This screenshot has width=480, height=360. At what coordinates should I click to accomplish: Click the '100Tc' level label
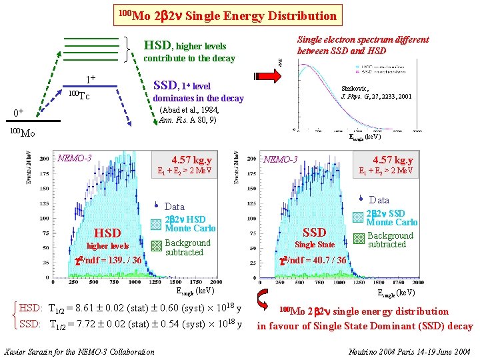79,95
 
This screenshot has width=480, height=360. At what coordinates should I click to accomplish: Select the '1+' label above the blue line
90,79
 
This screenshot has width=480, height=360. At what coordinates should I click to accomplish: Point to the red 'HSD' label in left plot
107,233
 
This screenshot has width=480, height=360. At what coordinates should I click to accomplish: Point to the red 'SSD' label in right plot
314,232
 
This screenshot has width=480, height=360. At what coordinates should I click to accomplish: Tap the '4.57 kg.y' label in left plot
191,160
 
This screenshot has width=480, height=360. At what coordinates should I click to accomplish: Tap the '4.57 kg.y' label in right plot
393,160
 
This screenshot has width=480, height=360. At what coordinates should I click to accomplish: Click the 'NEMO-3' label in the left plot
75,159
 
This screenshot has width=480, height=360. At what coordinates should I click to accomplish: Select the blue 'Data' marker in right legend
361,199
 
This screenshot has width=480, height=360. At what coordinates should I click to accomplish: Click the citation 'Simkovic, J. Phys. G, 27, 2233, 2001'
376,92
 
